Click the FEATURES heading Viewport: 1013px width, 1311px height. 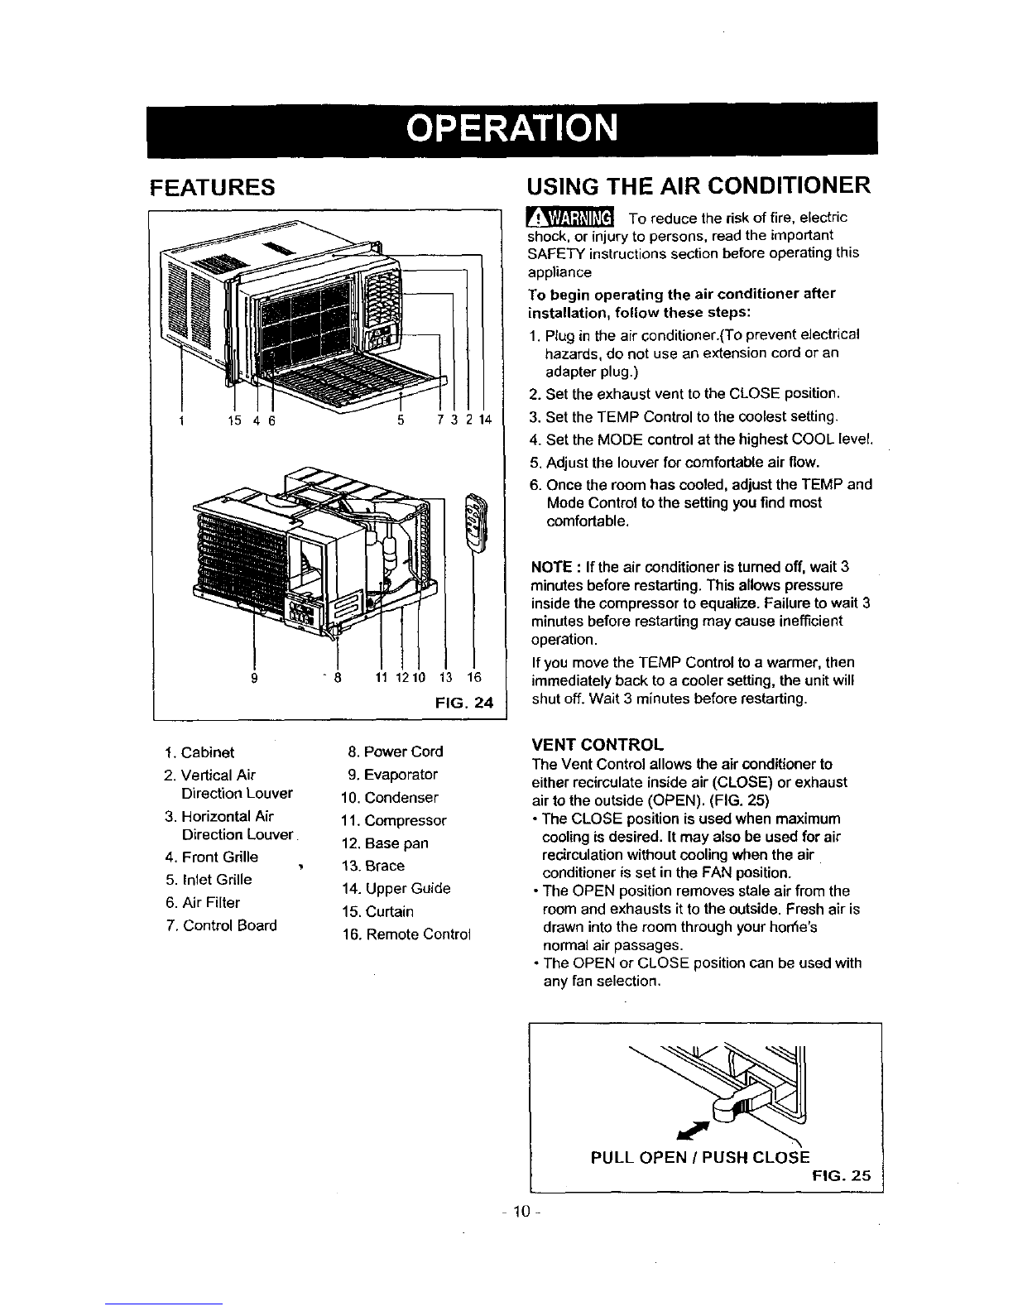pyautogui.click(x=212, y=187)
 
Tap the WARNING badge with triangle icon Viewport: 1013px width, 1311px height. pyautogui.click(x=570, y=217)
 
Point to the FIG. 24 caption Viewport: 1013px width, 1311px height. pyautogui.click(x=463, y=704)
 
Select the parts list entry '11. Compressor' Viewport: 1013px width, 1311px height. pyautogui.click(x=394, y=821)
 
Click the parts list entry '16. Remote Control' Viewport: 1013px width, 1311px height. pyautogui.click(x=406, y=934)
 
